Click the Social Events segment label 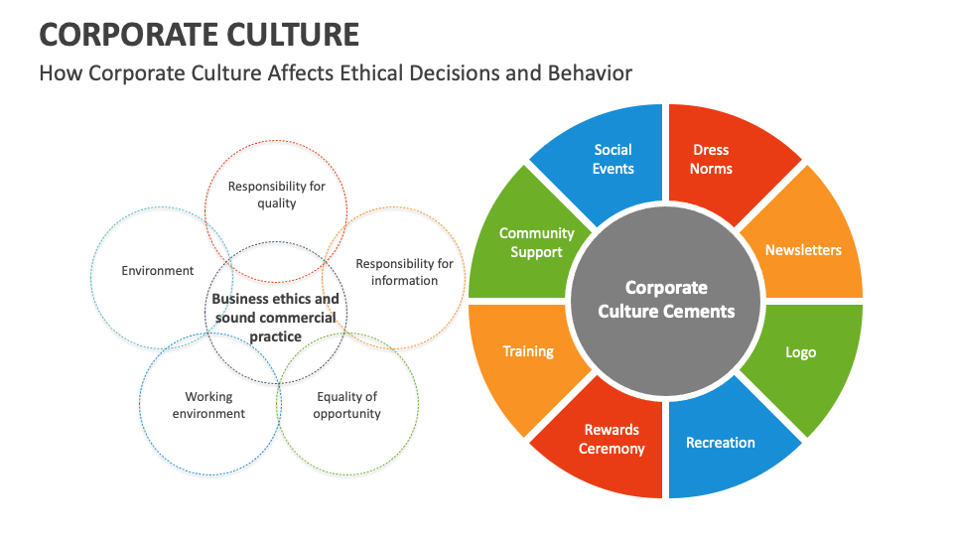[613, 159]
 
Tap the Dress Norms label [711, 159]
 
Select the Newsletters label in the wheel [803, 250]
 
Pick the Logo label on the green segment [800, 352]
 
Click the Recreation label [721, 443]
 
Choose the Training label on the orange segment [528, 351]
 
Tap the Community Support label [536, 242]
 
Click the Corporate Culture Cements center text [666, 299]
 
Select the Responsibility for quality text [276, 195]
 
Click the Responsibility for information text [404, 272]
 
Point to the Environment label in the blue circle [157, 270]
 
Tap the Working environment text [208, 405]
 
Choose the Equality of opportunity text [347, 405]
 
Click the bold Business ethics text [275, 318]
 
